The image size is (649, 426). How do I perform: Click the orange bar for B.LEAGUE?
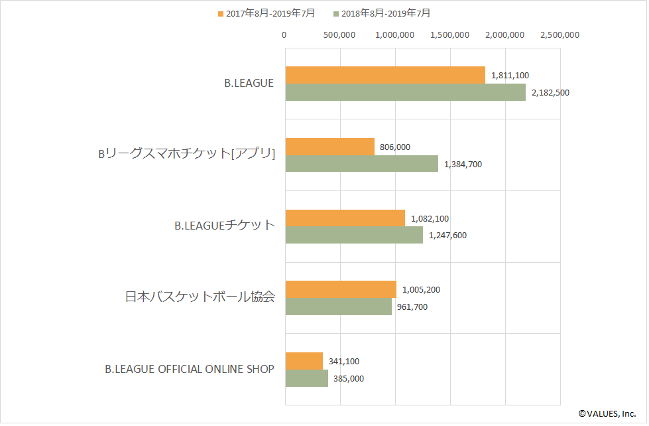[385, 75]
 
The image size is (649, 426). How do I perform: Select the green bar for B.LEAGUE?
[405, 92]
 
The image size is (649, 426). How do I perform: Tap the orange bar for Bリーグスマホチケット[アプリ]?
[329, 146]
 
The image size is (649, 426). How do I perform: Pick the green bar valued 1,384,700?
[361, 163]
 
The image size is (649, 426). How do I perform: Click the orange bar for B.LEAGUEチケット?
[345, 218]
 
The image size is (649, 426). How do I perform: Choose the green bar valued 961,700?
[338, 307]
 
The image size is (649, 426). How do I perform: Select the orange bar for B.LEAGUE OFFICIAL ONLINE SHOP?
[304, 361]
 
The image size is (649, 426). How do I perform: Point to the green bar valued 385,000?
[306, 378]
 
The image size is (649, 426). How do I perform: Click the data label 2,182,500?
[550, 93]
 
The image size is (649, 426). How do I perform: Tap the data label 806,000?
[397, 147]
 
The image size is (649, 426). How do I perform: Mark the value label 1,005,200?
[421, 289]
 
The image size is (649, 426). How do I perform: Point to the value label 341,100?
[344, 361]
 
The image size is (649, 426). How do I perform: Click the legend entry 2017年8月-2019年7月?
[266, 13]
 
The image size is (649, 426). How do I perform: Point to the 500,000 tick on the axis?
[339, 35]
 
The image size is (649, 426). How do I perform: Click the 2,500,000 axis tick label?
[560, 35]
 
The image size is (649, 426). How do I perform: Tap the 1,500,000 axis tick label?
[449, 35]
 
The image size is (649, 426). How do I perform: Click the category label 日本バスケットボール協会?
[200, 297]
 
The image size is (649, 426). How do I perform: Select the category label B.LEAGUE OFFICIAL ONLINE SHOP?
[190, 369]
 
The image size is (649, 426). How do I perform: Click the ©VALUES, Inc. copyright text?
[607, 413]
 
